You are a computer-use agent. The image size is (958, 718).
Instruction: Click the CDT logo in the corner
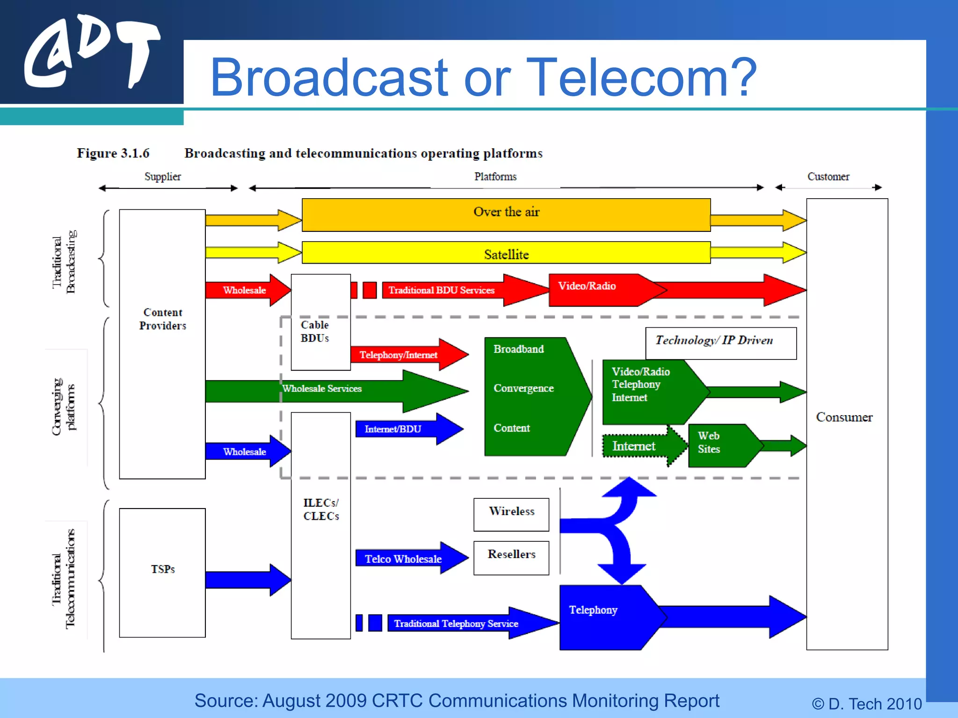[91, 52]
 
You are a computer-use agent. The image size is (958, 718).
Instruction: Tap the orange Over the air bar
[506, 215]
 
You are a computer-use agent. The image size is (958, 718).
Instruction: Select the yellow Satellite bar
[506, 253]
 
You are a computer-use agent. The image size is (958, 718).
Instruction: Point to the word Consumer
[844, 417]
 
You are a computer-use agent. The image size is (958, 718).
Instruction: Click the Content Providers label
[162, 319]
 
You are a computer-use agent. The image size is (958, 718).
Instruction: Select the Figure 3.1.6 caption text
[113, 153]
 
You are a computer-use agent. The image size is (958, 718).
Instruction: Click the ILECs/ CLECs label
[321, 510]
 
